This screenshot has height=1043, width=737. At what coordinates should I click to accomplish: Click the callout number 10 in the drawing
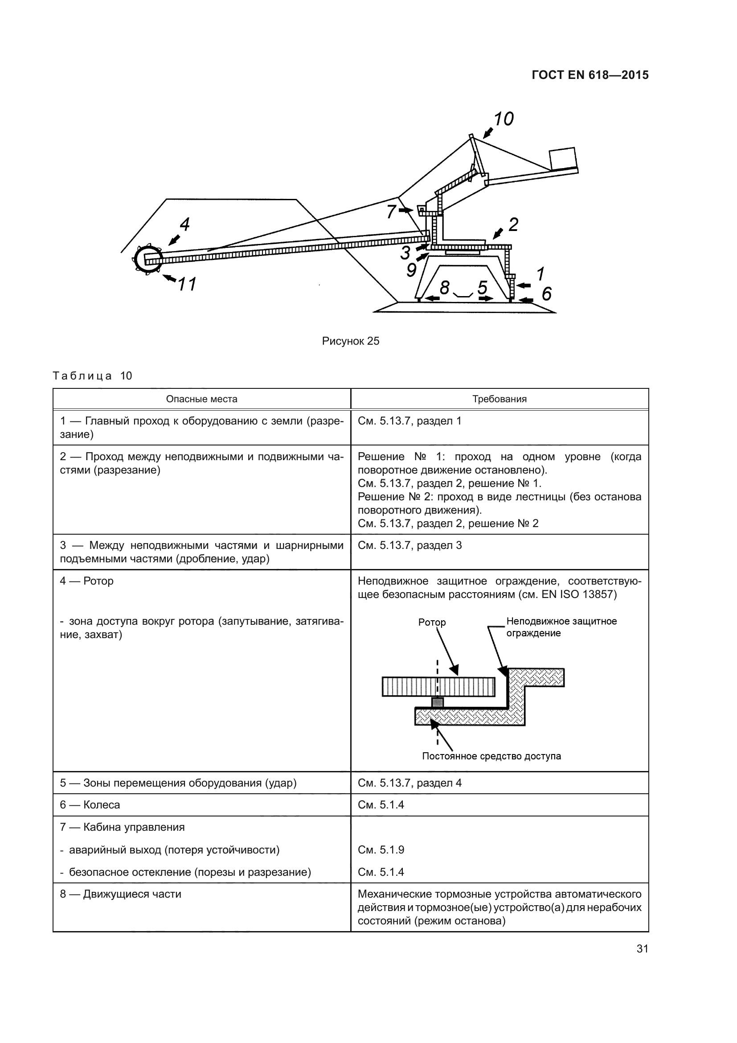[503, 119]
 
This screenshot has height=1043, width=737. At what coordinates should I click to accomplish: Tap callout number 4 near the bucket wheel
[184, 224]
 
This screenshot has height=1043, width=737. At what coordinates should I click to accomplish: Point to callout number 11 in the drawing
[187, 284]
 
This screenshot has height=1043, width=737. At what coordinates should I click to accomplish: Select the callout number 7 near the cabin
[391, 212]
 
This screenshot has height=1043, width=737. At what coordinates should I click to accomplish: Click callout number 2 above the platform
[513, 224]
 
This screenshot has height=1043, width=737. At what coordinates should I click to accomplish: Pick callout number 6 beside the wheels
[547, 294]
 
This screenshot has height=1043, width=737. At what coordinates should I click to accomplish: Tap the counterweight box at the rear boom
[562, 159]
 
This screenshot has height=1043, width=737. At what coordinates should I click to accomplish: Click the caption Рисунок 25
[350, 341]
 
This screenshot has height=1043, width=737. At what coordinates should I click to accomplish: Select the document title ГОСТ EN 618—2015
[590, 75]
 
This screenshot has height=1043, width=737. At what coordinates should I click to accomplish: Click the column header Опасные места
[201, 399]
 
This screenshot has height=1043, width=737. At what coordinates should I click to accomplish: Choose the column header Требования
[499, 399]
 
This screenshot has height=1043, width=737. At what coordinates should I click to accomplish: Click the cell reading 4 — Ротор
[87, 581]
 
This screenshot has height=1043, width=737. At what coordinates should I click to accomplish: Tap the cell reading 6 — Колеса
[90, 805]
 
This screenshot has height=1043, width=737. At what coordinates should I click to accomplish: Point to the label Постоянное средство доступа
[491, 756]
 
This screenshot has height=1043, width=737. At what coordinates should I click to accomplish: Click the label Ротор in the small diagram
[432, 623]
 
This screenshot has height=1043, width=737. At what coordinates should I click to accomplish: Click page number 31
[642, 948]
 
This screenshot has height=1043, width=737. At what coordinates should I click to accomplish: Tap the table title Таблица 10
[92, 375]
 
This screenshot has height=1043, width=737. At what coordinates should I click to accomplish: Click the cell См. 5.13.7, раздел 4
[409, 783]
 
